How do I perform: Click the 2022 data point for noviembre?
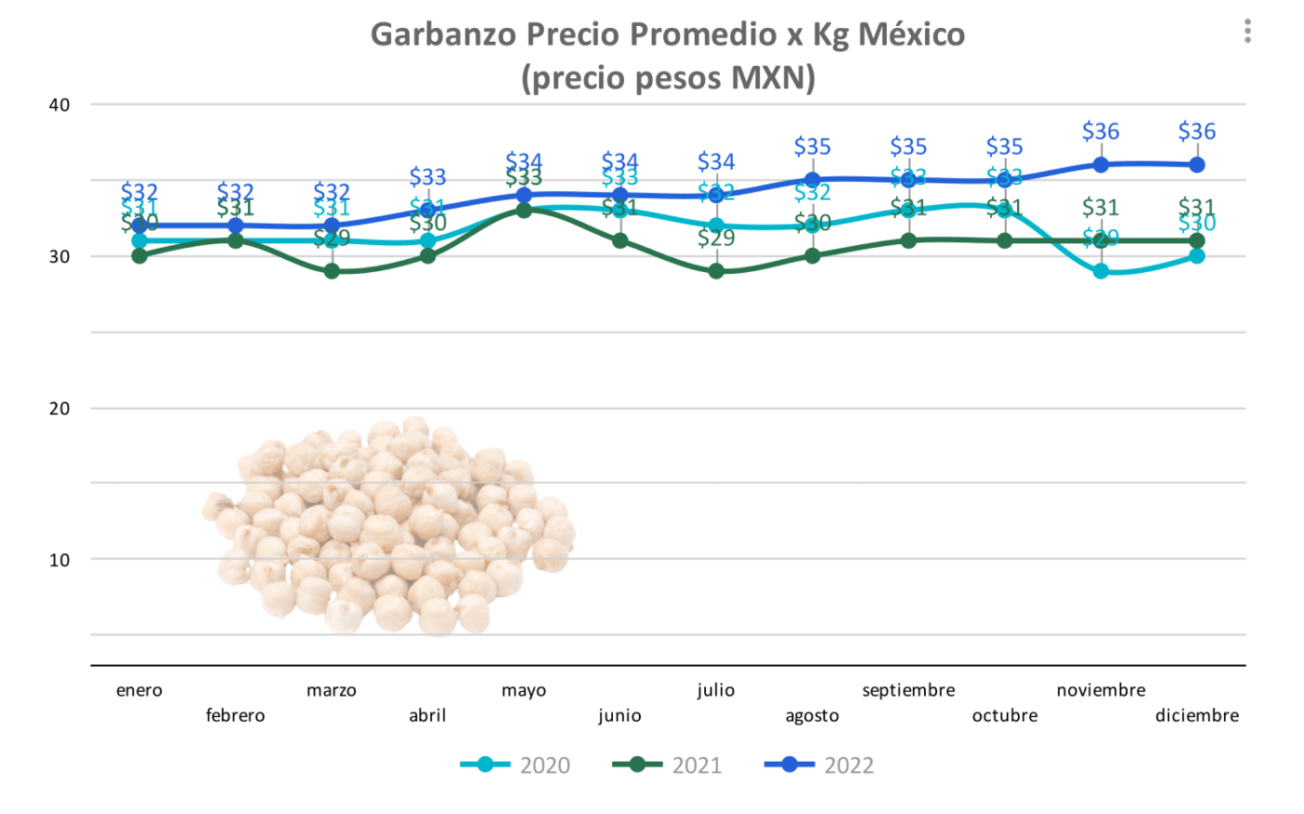tap(1101, 165)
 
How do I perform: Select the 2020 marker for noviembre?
tap(1101, 271)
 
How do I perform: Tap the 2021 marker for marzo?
tap(332, 271)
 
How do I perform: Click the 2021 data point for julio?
tap(716, 271)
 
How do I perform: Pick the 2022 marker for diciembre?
tap(1197, 165)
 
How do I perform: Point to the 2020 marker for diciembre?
tap(1197, 256)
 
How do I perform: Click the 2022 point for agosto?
tap(812, 180)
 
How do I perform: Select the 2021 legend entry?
tap(667, 766)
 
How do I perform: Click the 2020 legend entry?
tap(515, 766)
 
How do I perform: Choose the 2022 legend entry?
tap(820, 766)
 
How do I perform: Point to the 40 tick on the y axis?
tap(60, 104)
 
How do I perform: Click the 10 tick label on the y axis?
tap(60, 560)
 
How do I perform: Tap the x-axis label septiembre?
tap(908, 690)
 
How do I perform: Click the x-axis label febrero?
tap(235, 715)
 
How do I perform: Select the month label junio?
tap(619, 715)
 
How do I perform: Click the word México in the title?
tap(911, 34)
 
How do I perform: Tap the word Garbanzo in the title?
tap(444, 34)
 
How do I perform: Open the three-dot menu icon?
tap(1247, 32)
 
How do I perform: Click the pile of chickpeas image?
tap(391, 526)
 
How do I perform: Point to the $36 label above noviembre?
tap(1100, 132)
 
